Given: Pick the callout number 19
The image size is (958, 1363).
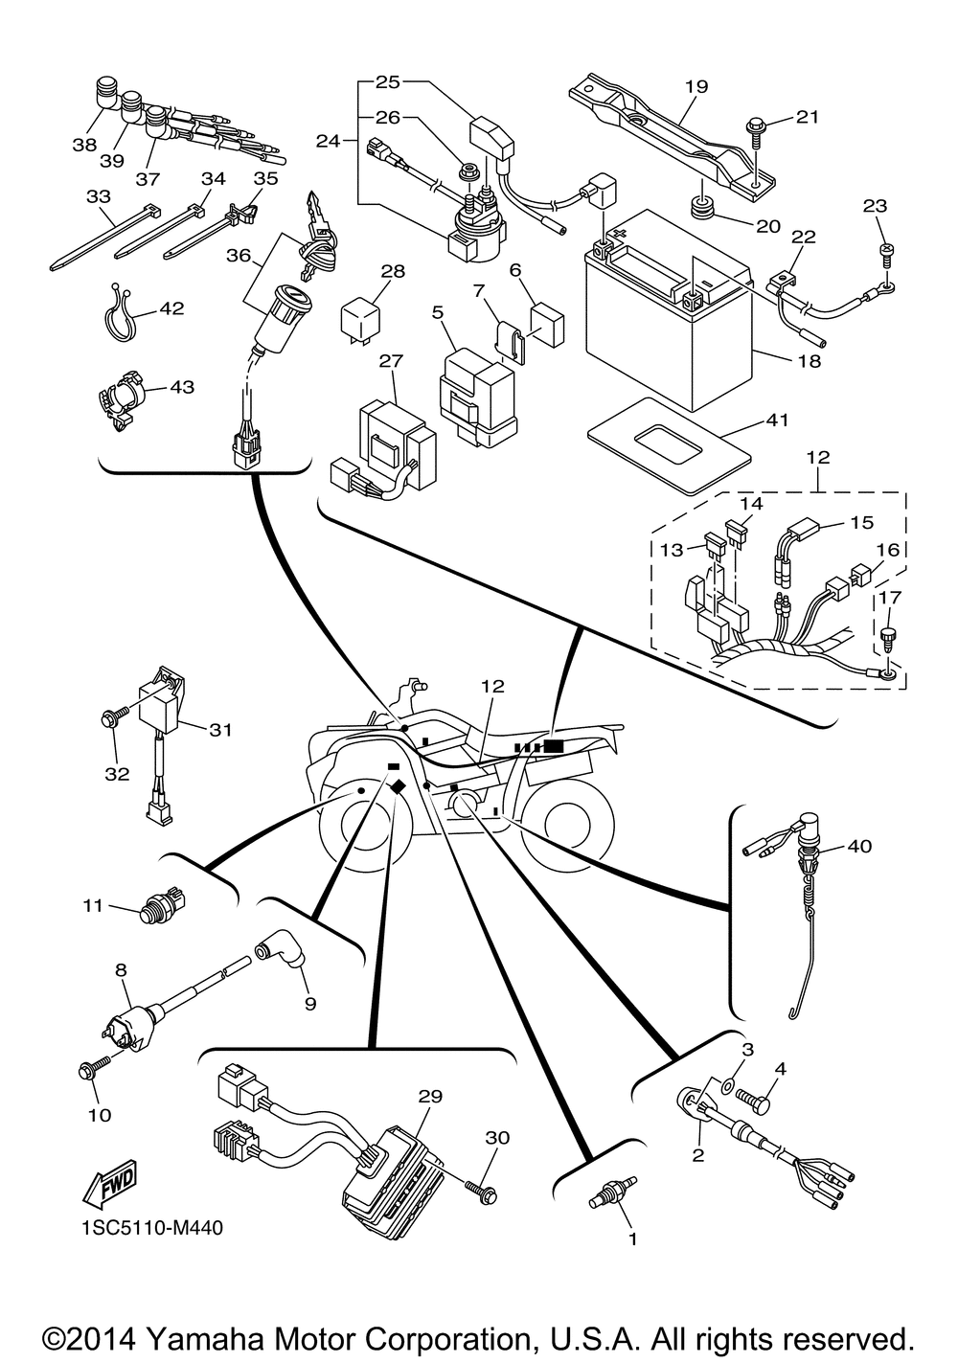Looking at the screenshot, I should click(x=696, y=86).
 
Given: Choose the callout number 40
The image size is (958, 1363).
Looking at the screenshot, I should click(x=859, y=846).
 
